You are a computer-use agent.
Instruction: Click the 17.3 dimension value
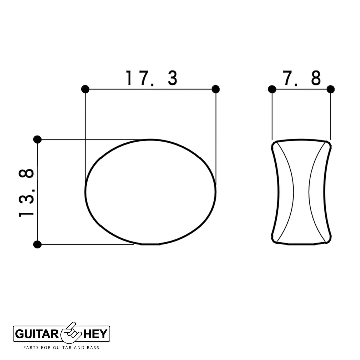[x=151, y=78]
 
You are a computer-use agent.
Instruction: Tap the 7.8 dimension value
[x=301, y=78]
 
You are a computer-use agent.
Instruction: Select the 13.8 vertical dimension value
[x=26, y=193]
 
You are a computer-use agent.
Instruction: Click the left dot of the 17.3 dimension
[x=85, y=89]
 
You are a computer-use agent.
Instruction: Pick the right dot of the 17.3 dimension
[x=216, y=89]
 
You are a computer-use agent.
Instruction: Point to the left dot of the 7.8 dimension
[x=272, y=89]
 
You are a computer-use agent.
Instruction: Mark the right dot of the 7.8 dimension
[x=331, y=89]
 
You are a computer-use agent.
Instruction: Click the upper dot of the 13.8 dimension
[x=37, y=139]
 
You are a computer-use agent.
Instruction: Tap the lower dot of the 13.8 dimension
[x=37, y=244]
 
